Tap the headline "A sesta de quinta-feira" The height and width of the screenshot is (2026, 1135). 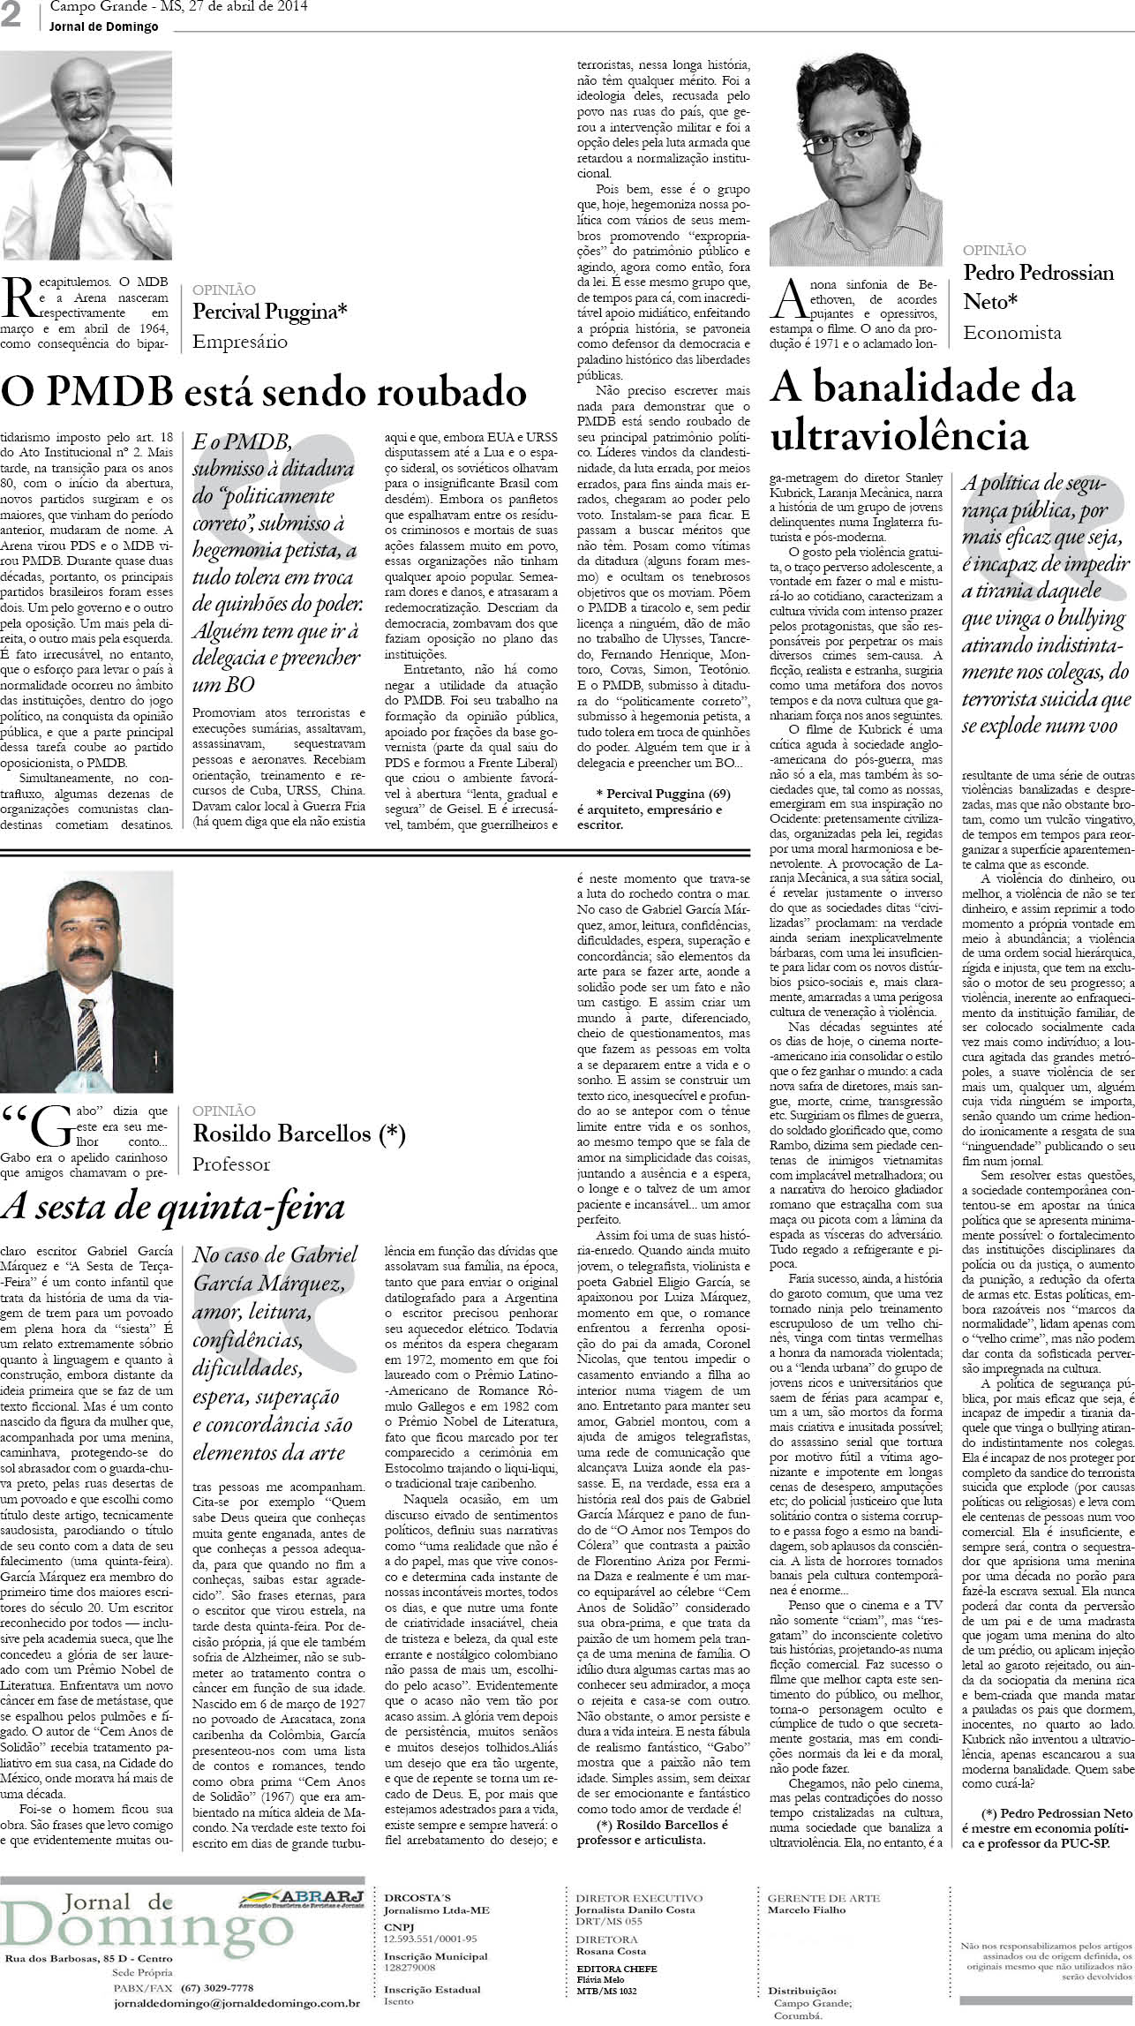173,1206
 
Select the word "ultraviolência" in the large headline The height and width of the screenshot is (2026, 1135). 900,435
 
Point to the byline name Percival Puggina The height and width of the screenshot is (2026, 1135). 270,311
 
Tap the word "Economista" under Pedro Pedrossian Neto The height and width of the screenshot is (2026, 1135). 1011,333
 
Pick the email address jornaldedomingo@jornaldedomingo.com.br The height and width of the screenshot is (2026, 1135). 237,2020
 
